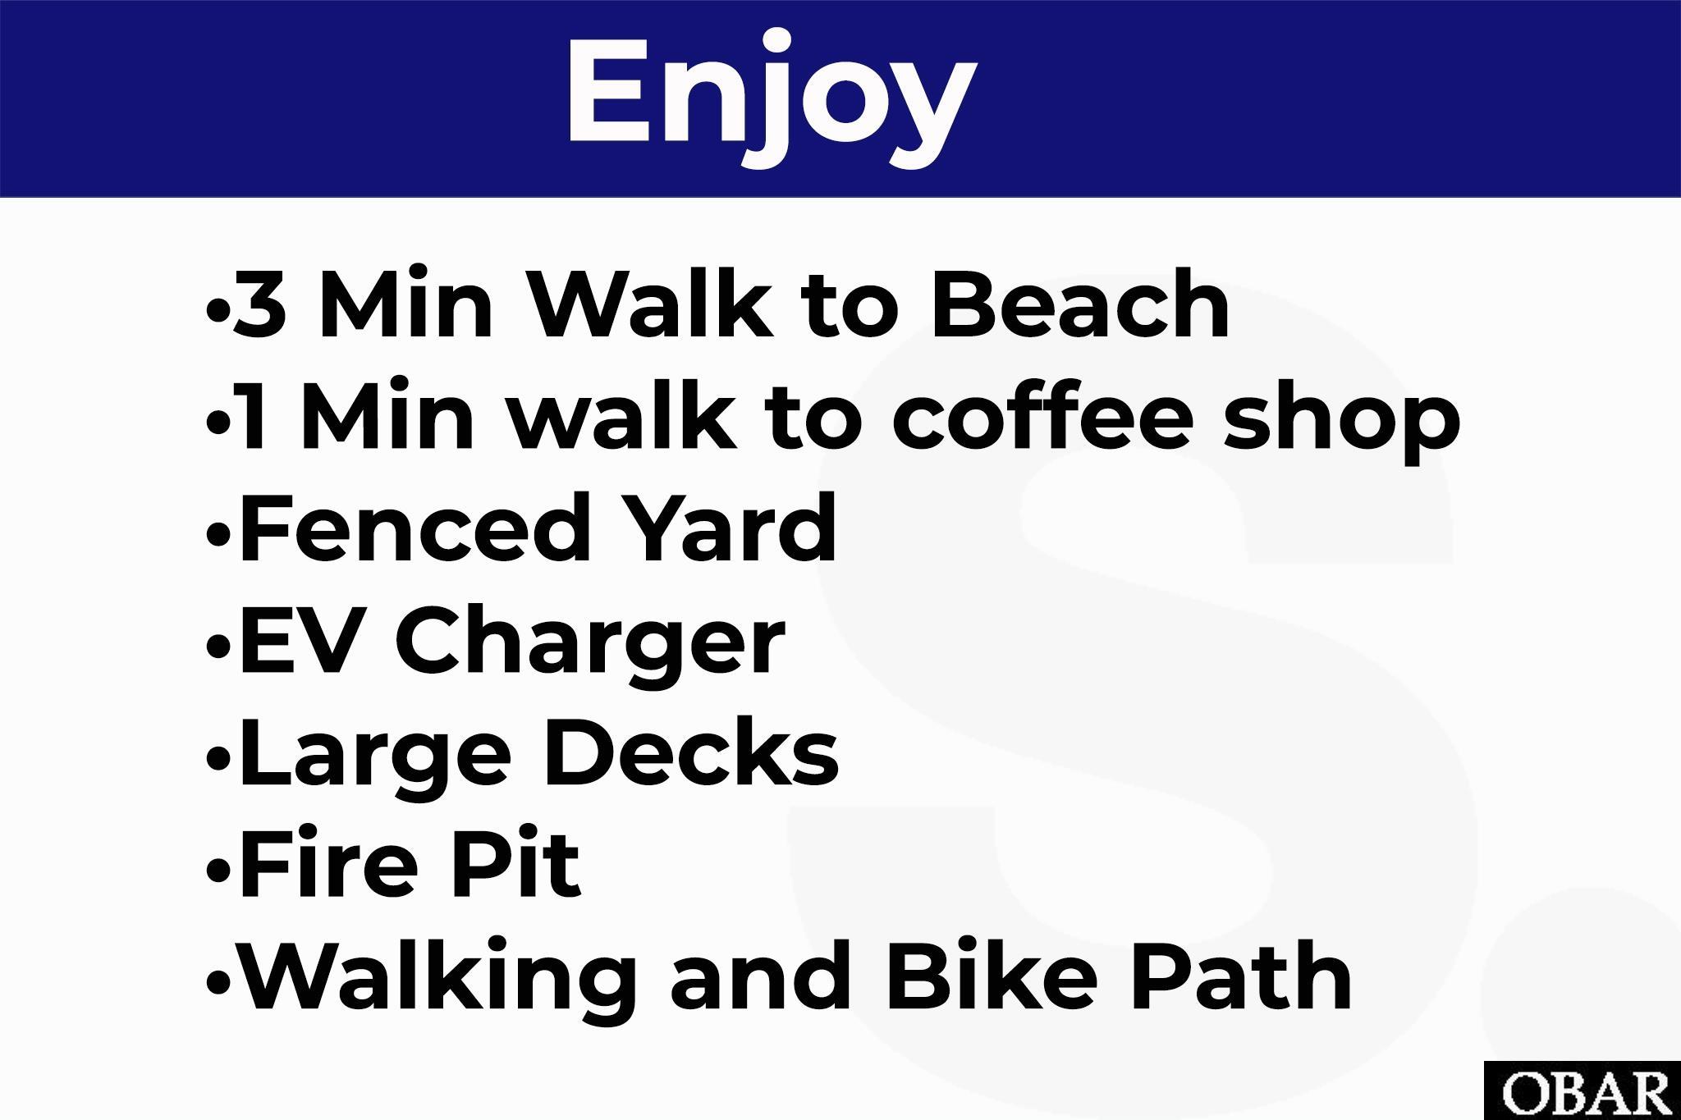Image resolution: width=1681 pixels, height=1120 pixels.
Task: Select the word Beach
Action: (1080, 304)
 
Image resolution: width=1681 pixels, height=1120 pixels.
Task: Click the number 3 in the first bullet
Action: (261, 304)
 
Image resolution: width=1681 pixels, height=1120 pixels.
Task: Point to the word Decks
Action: (690, 752)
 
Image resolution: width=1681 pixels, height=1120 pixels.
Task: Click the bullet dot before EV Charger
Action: (218, 646)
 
